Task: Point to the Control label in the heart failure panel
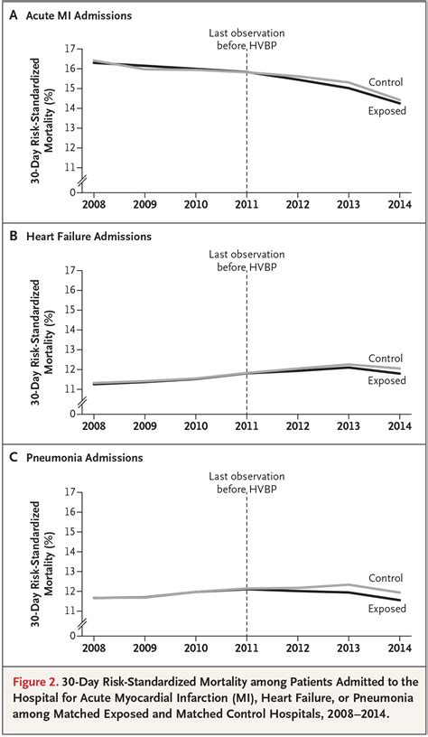point(386,359)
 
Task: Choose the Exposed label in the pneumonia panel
point(387,610)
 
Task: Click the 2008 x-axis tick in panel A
point(93,204)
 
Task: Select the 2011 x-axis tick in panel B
point(247,426)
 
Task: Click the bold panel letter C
point(14,458)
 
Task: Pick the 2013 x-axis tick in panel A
point(349,204)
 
